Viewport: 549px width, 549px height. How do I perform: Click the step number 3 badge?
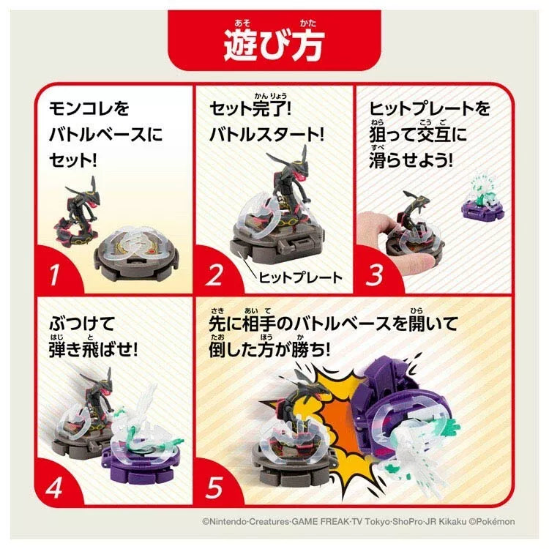374,277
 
